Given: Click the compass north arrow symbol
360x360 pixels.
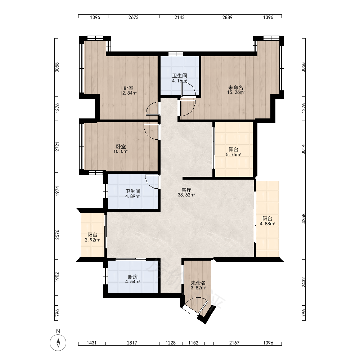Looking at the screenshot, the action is coord(58,342).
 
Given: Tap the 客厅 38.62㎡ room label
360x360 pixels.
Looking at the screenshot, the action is coord(186,192).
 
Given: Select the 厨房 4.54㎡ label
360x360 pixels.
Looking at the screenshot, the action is coord(133,279).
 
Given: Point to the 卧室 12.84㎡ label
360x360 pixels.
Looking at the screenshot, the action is coord(129,90).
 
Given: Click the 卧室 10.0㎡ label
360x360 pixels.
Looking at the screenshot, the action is coord(121,149).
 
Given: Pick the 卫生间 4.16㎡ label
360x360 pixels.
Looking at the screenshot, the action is coord(180,78).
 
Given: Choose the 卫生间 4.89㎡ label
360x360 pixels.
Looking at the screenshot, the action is coord(133,194).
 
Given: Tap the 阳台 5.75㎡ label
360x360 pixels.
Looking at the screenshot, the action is coord(234,152).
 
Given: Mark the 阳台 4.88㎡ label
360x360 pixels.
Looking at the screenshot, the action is coord(267,221).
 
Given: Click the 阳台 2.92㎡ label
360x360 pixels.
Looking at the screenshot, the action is coord(92,237).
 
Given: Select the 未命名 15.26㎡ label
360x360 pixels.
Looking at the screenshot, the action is coord(236,90).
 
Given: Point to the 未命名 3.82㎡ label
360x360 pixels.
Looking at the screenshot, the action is coord(198,285).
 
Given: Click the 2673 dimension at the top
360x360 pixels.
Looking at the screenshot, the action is coord(134,17).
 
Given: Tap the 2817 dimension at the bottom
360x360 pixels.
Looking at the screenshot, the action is coord(132,343).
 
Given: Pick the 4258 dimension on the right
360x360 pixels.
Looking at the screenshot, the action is coord(303,219).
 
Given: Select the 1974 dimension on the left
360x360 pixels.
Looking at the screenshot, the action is coord(57,191).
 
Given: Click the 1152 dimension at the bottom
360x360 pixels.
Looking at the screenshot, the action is coord(193,343).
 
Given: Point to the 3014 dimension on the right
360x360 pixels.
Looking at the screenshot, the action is coord(303,149).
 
